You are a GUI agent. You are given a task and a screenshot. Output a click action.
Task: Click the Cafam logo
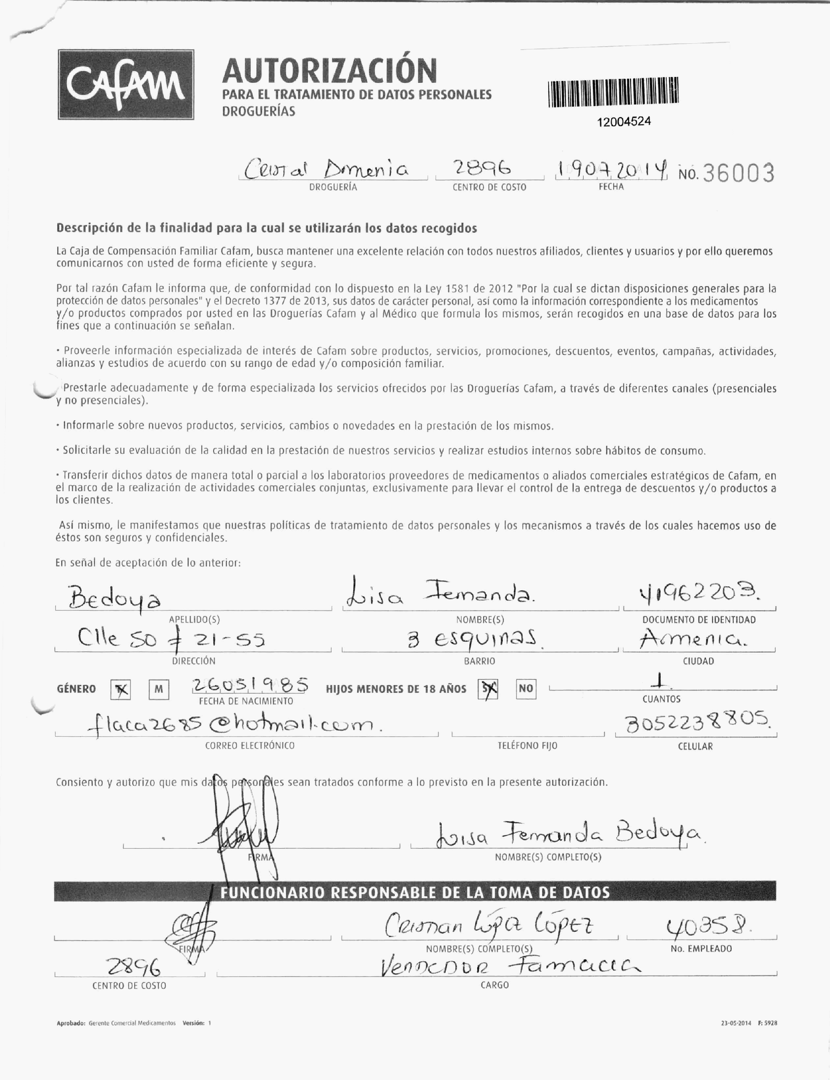coord(126,84)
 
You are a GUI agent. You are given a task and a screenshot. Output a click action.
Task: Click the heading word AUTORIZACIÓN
coord(329,71)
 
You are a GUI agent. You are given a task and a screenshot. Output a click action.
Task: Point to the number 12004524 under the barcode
coord(624,122)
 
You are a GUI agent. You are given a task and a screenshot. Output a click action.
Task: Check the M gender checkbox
coord(159,689)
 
